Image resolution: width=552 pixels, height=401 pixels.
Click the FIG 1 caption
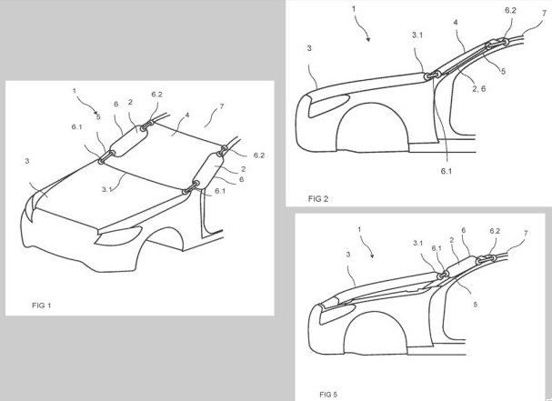(x=41, y=306)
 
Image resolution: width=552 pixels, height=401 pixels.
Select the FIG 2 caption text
(x=318, y=199)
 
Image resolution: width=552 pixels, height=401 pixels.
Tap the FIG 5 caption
(x=328, y=395)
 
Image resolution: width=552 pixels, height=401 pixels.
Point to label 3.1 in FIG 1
(x=107, y=189)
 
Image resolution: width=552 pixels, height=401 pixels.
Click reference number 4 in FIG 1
(x=187, y=115)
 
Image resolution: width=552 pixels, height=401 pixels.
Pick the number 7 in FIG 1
(x=221, y=106)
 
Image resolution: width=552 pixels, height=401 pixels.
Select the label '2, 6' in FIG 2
(x=478, y=88)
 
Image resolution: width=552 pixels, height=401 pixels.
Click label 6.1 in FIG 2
(x=446, y=171)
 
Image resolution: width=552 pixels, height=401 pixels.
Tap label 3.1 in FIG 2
(x=417, y=35)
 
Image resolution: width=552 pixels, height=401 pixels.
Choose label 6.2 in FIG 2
(x=510, y=10)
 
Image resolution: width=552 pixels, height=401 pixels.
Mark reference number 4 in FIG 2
(x=456, y=23)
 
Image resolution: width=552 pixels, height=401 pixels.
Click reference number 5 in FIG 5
(x=475, y=305)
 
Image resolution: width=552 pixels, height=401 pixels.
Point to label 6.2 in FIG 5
(x=495, y=231)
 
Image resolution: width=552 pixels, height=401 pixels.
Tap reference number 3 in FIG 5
(x=348, y=255)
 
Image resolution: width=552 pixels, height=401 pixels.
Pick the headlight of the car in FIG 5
(x=336, y=314)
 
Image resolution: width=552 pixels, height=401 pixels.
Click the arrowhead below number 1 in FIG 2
(x=368, y=39)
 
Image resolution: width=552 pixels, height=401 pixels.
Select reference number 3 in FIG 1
(x=27, y=161)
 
